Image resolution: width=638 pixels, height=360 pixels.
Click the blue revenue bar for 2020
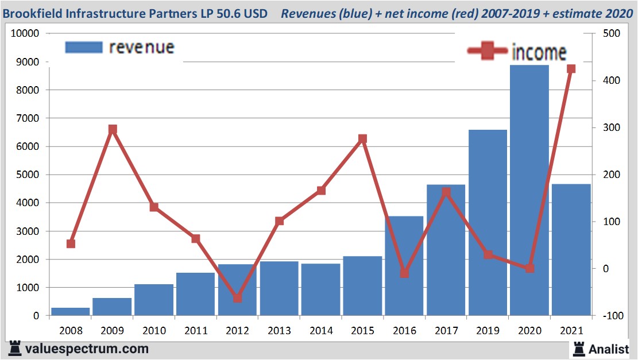tap(529, 189)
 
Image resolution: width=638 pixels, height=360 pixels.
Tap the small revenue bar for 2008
tap(70, 311)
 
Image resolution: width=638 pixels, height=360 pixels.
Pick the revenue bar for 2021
tap(571, 249)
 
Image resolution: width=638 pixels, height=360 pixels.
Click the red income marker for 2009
tap(113, 130)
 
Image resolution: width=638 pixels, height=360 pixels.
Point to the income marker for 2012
tap(238, 298)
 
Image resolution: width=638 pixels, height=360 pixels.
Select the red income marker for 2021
tap(571, 69)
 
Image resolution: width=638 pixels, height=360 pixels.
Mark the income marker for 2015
tap(362, 139)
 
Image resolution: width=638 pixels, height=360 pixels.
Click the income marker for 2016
tap(404, 273)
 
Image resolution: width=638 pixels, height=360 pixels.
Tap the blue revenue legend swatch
tap(84, 47)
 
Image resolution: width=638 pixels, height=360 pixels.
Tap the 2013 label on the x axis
tap(279, 331)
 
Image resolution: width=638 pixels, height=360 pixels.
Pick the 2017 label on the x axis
tap(446, 331)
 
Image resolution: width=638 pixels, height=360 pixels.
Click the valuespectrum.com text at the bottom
tap(86, 349)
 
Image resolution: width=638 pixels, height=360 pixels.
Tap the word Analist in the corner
tap(609, 349)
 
